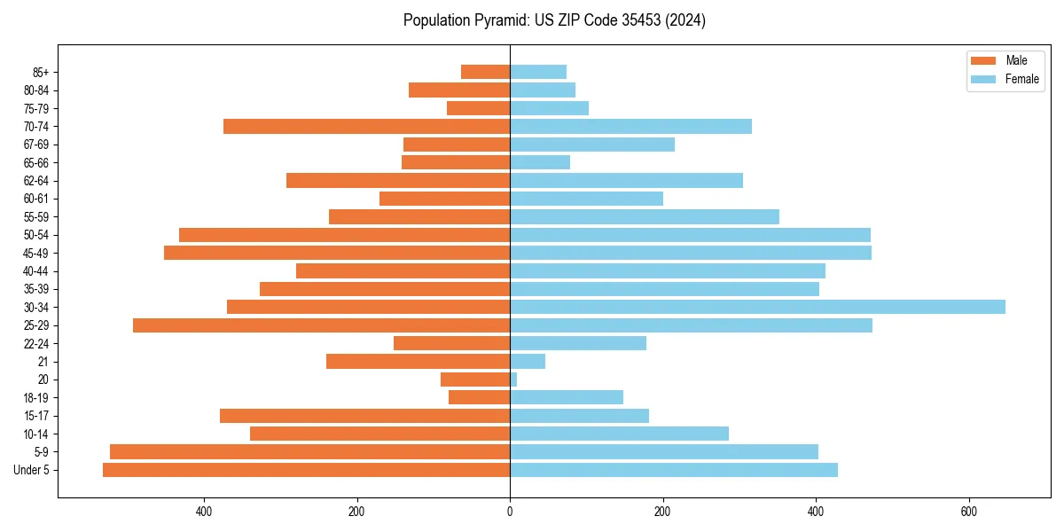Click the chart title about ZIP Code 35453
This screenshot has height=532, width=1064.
point(554,20)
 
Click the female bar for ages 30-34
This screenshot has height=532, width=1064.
point(757,307)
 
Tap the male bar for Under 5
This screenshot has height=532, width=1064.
point(306,470)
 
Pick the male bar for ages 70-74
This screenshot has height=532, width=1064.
point(366,127)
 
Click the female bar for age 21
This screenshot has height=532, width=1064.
point(528,362)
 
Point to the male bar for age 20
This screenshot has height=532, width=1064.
point(475,379)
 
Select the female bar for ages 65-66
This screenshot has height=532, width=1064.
point(540,162)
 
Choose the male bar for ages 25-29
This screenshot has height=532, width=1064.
point(321,325)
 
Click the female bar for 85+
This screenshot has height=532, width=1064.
point(538,72)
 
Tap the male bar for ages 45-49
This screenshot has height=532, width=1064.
point(337,253)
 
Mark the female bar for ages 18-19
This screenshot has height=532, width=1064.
point(567,397)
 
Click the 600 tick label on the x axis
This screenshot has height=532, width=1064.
point(968,512)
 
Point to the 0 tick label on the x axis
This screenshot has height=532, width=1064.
point(510,512)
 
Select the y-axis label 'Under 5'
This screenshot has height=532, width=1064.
point(31,470)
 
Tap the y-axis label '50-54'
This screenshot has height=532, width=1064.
point(36,235)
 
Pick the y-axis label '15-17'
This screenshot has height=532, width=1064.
point(36,416)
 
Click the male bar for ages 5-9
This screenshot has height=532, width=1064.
point(309,452)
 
